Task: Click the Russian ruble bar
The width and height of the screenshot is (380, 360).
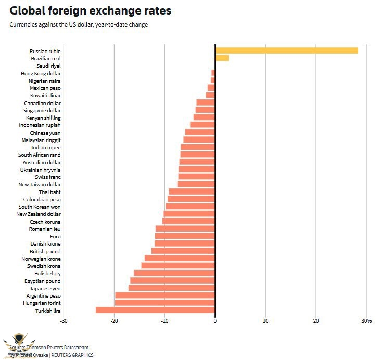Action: [x=286, y=50]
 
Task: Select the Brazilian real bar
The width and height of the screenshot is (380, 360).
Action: [x=222, y=58]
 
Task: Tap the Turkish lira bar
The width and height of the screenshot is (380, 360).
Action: [x=155, y=310]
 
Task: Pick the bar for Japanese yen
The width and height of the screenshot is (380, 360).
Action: [x=172, y=288]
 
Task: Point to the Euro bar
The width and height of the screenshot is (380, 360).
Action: [x=185, y=236]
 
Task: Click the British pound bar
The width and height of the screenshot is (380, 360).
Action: [x=183, y=251]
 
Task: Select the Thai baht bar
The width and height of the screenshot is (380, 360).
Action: [x=192, y=192]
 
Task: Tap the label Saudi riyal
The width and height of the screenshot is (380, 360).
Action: [x=48, y=66]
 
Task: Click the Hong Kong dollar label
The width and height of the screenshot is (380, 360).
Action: [x=41, y=73]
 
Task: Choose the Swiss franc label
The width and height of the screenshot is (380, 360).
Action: [x=48, y=177]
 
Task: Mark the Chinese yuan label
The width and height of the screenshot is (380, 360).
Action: [x=45, y=133]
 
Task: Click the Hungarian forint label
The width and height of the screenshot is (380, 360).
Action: [x=42, y=303]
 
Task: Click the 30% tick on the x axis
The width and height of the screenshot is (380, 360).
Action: [x=366, y=320]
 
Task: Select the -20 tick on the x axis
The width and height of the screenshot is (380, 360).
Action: [x=114, y=320]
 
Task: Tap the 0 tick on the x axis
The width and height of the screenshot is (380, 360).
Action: [x=215, y=320]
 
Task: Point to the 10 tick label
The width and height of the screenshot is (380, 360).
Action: [x=265, y=320]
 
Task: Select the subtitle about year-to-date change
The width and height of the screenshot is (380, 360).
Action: [x=79, y=24]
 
